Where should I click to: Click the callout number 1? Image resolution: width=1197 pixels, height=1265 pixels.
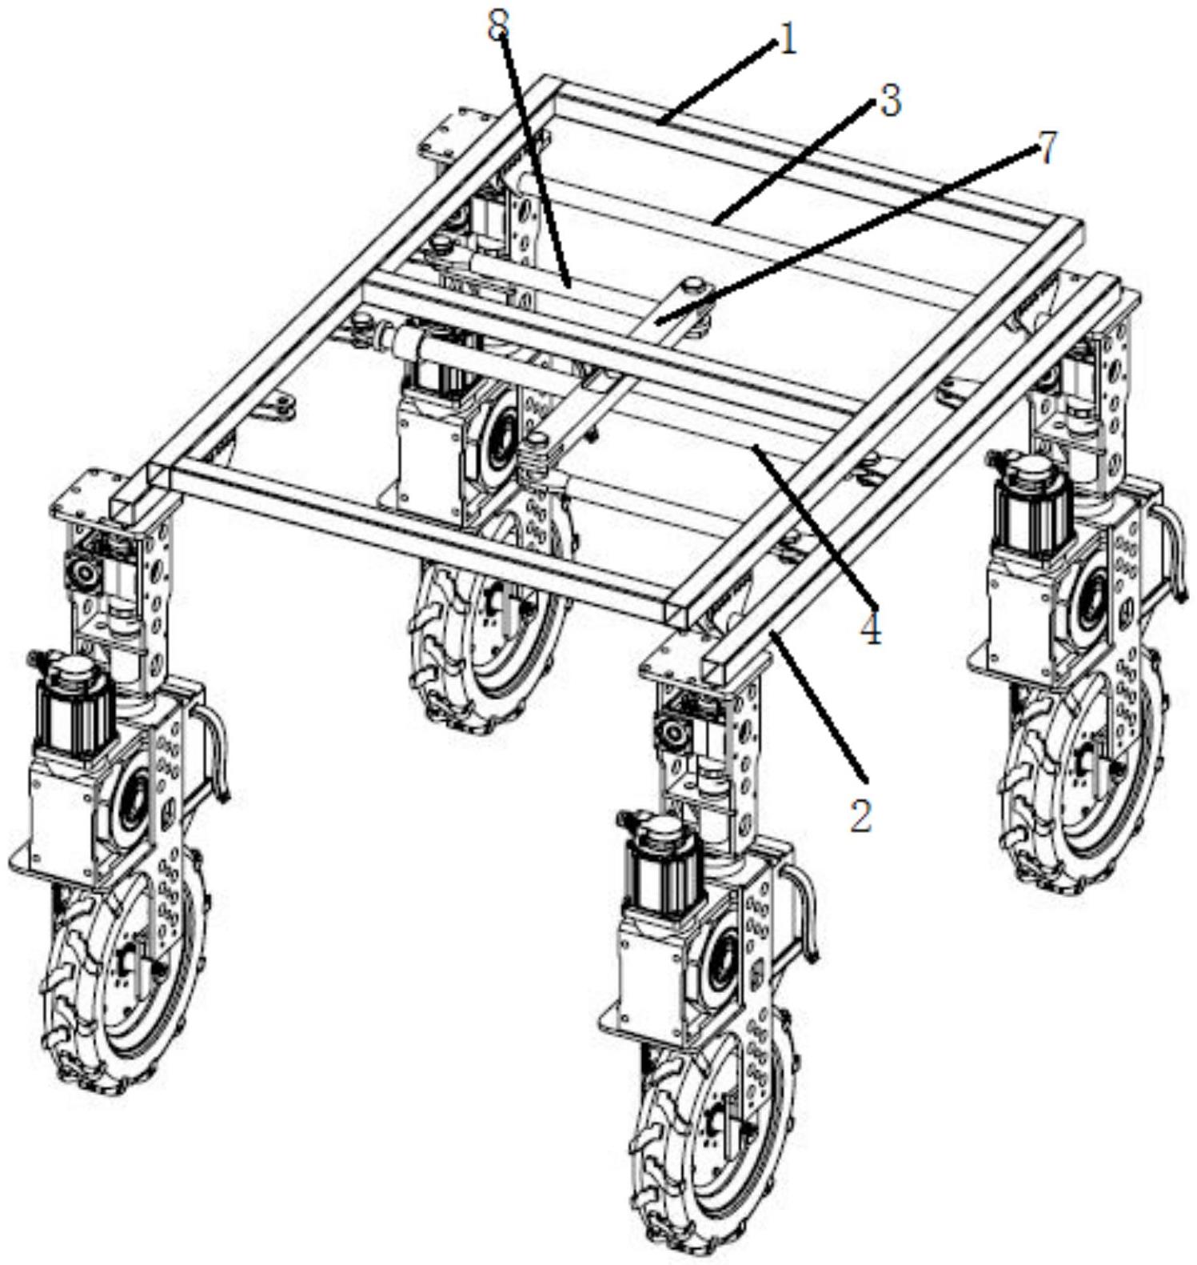[788, 40]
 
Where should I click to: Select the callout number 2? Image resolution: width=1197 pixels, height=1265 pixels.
[860, 815]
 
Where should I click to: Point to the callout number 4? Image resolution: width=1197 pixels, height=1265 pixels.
[871, 630]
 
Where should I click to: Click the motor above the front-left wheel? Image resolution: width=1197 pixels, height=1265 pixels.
[72, 696]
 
